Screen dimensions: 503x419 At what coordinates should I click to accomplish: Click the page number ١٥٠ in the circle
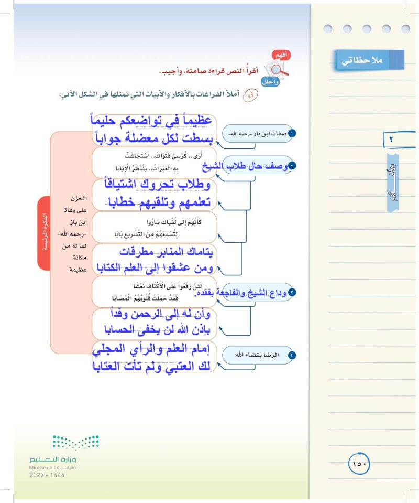(x=359, y=464)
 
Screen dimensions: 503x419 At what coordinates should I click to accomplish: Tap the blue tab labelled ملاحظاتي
(x=370, y=60)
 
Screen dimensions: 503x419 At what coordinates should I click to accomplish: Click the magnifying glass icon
(x=273, y=68)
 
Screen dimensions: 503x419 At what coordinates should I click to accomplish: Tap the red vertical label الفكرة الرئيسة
(x=45, y=230)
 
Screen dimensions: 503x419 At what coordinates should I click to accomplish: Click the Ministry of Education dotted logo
(x=75, y=442)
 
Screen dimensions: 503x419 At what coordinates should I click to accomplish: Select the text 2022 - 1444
(x=47, y=475)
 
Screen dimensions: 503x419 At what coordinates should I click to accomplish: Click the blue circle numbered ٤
(x=292, y=355)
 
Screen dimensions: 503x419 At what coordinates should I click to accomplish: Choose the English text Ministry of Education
(x=53, y=467)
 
